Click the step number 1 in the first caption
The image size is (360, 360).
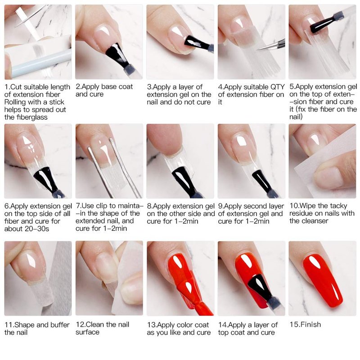[x=6, y=87]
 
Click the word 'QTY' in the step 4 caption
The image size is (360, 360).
[x=278, y=87]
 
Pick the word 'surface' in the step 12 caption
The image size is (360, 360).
[x=87, y=332]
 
